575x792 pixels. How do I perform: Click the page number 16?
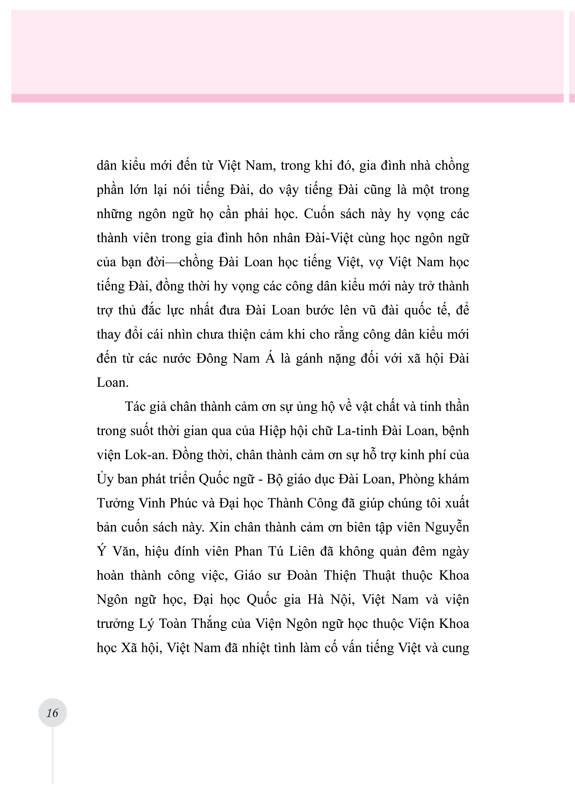point(52,713)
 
